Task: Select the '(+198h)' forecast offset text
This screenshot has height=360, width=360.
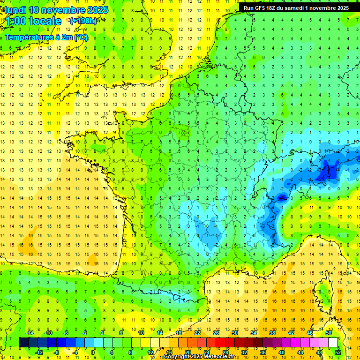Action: pos(83,21)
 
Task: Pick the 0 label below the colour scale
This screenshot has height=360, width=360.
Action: pos(93,352)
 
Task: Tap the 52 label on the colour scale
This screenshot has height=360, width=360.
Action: pos(337,352)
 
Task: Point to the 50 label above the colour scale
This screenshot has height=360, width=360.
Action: pos(329,333)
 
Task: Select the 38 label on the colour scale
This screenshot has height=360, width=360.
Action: pos(272,333)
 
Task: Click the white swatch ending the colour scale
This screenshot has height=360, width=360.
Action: pos(333,342)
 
